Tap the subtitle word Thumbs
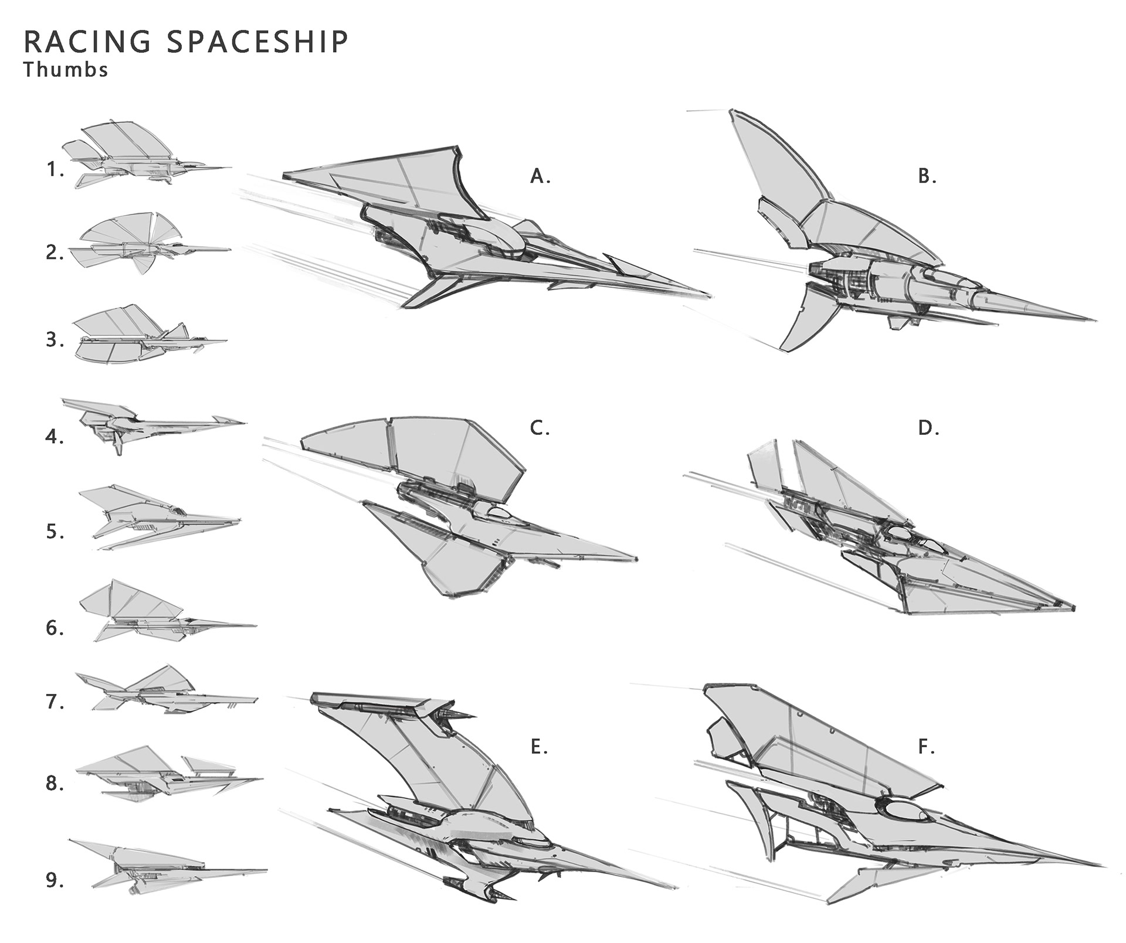(66, 70)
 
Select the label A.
(540, 176)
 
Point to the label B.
(927, 176)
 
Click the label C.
(540, 428)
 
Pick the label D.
(928, 428)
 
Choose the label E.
(538, 747)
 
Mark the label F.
(926, 747)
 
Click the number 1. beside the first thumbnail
(55, 170)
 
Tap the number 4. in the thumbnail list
(55, 437)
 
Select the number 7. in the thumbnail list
(55, 702)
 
